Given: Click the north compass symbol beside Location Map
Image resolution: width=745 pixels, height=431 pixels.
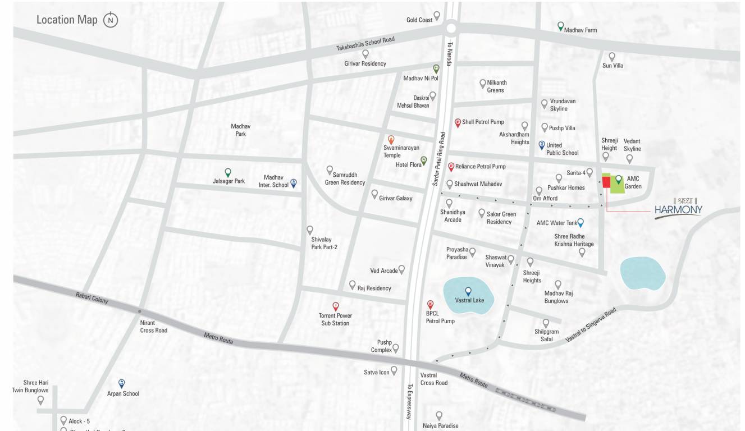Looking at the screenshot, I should coord(111,20).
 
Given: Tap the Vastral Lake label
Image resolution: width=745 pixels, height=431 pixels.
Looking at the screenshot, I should coord(469,300).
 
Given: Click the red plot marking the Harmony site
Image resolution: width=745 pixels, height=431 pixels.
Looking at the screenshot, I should coord(606,182).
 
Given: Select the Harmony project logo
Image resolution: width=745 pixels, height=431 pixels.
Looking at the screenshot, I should coord(678,208).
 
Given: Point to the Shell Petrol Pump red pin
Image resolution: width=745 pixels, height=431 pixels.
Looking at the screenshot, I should coord(458,122).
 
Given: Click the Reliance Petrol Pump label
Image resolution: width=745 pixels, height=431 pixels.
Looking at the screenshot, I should coord(480,167).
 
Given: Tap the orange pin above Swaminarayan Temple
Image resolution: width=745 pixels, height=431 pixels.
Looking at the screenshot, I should coord(391,139).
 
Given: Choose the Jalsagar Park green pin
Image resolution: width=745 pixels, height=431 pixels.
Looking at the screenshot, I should coord(228,172).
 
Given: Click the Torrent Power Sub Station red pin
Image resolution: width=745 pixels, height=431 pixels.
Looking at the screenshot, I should coord(336,306).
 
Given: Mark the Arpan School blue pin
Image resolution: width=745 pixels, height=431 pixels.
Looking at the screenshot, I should coord(122,384).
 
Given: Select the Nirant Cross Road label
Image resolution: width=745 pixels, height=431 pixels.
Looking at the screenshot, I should coord(154,327).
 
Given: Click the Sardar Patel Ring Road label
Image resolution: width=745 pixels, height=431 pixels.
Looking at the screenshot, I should coord(438,159).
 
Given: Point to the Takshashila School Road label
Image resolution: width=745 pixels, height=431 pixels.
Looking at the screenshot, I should coord(365,44).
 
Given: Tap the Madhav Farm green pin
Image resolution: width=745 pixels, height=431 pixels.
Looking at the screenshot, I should coord(560,26).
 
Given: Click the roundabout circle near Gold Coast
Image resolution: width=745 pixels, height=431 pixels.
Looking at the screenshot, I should coord(451,28).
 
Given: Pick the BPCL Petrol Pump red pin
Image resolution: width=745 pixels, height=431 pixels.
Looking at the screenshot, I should coord(431,304).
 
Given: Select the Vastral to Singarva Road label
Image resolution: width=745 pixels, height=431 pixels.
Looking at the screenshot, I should coord(591,325).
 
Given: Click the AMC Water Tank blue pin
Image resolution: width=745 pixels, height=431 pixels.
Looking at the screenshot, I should coord(581,223).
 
